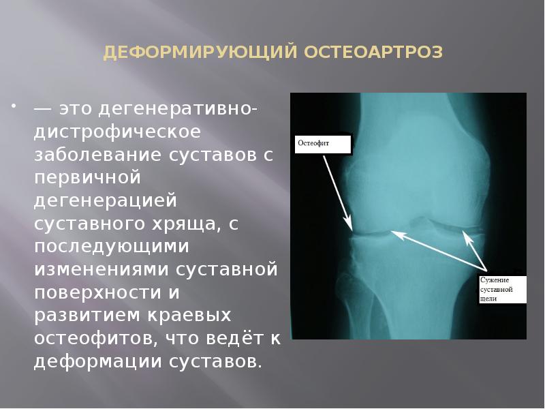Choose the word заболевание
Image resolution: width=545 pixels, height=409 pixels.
point(95,155)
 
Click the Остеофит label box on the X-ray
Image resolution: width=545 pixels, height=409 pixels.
point(322,145)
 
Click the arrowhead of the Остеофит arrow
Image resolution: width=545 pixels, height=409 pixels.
point(349,226)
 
